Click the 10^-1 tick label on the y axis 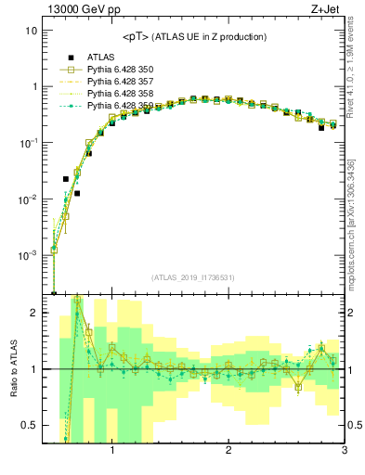point(27,143)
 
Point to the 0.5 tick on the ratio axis point(29,425)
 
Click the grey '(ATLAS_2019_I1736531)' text point(194,277)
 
